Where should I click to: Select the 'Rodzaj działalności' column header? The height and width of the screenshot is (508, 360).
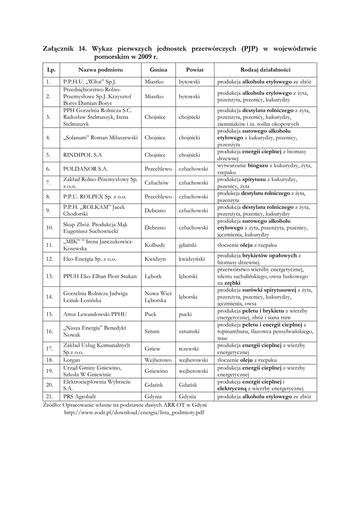265,70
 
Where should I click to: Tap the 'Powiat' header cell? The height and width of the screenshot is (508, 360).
195,70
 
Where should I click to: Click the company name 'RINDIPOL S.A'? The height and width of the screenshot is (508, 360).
82,155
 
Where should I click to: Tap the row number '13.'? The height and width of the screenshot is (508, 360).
49,276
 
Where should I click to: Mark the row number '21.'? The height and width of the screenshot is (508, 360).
49,396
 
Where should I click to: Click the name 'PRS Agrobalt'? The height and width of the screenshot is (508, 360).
79,396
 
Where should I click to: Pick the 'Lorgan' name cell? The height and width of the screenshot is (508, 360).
72,359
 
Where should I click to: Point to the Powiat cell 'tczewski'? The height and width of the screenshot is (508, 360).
189,348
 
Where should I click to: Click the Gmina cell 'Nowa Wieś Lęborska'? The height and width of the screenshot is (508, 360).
158,297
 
